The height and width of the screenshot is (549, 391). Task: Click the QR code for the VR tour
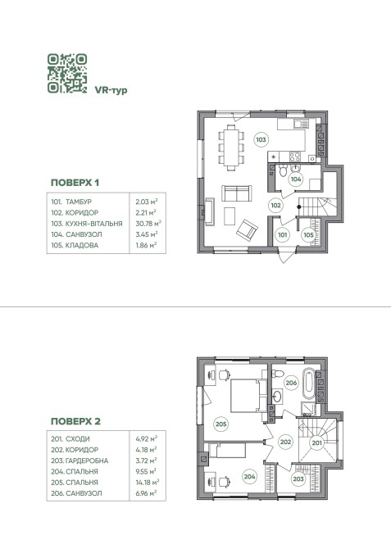click(x=67, y=73)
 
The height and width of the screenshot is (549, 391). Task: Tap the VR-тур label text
click(x=111, y=90)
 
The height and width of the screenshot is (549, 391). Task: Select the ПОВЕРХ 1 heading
click(x=75, y=183)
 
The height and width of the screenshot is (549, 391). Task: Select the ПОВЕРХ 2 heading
click(x=75, y=421)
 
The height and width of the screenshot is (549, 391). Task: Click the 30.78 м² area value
click(x=148, y=224)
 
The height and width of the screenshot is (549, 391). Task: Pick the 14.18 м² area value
click(x=148, y=482)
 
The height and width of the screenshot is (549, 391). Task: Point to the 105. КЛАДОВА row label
click(x=75, y=245)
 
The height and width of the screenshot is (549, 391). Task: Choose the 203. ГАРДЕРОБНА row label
click(x=80, y=461)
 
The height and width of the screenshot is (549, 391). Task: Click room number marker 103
click(x=261, y=139)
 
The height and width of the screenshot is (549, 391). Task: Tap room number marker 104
click(x=296, y=179)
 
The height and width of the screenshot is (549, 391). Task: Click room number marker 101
click(x=282, y=234)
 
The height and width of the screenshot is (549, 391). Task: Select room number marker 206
click(x=291, y=383)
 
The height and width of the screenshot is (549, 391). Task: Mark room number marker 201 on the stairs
click(x=316, y=443)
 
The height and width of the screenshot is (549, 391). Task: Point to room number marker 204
click(x=250, y=476)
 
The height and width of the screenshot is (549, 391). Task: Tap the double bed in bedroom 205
click(x=248, y=395)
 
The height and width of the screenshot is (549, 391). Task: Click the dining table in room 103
click(x=231, y=147)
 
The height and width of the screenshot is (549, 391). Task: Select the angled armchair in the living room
click(x=247, y=230)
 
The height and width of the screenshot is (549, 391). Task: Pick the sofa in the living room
click(x=237, y=193)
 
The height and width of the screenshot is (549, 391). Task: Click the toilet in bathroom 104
click(x=283, y=170)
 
